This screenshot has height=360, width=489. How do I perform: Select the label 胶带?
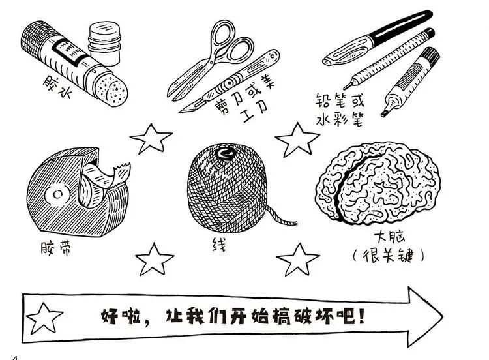coord(55,248)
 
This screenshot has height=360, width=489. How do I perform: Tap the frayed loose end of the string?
coord(293,225)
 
